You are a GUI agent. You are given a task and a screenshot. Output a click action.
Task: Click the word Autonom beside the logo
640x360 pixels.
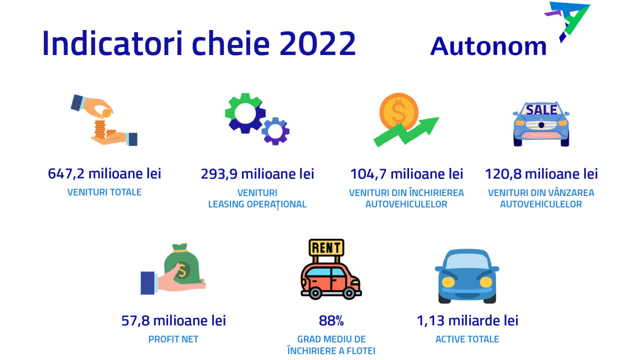point(488,46)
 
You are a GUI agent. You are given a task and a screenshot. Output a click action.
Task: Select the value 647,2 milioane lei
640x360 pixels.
point(104,174)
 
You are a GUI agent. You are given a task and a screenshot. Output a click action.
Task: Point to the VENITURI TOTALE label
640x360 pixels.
point(104,192)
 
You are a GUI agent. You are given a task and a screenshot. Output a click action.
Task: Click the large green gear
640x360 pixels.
point(244,113)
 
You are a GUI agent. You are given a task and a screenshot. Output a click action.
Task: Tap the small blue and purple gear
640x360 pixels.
point(275,131)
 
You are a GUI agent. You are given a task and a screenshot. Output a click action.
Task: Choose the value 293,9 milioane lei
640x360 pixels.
point(257,174)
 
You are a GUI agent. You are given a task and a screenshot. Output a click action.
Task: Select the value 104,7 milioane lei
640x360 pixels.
point(406,174)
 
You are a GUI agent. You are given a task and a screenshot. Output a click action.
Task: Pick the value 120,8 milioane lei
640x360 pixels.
point(541,174)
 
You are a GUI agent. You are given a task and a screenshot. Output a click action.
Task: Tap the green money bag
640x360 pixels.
point(182,265)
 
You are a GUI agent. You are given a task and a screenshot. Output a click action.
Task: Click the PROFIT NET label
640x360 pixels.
point(173,339)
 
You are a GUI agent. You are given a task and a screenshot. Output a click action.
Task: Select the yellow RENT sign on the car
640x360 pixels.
point(326,247)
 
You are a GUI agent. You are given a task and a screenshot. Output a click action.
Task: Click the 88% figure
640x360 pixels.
point(331,320)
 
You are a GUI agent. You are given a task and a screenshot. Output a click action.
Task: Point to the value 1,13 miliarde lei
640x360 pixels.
point(467,320)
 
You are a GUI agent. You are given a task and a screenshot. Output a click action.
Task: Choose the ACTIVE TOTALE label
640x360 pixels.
point(467,339)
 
